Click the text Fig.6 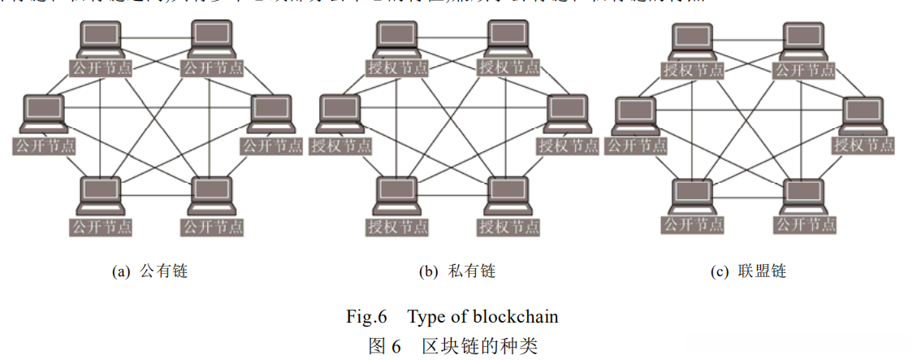tap(370, 316)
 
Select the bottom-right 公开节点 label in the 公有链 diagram tap(212, 225)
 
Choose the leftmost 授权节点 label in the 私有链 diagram tap(341, 146)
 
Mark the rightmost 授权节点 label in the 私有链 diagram tap(568, 146)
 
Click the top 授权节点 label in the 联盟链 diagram tap(693, 70)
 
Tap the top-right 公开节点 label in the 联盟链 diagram tap(804, 70)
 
